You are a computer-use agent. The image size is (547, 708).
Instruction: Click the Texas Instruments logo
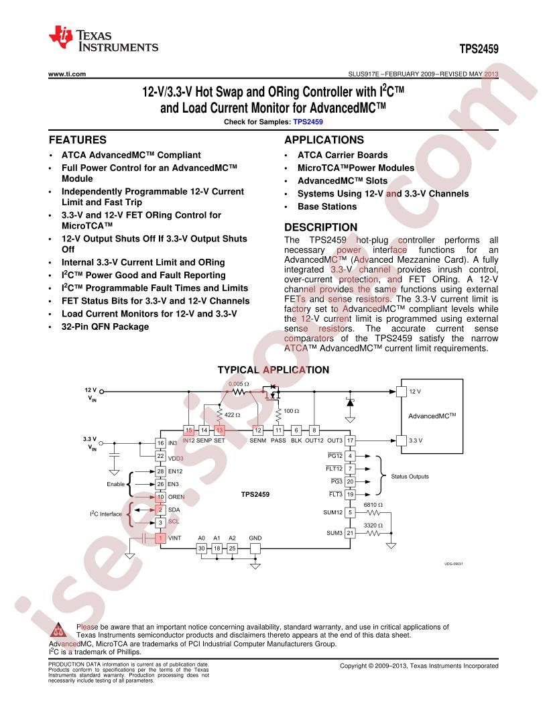[x=103, y=39]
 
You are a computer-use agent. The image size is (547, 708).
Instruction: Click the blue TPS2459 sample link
[x=308, y=121]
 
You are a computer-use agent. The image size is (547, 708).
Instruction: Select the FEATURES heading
[x=78, y=140]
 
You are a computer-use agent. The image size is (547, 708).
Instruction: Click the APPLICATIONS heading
[x=324, y=140]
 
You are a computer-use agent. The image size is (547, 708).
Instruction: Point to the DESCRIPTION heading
[x=320, y=227]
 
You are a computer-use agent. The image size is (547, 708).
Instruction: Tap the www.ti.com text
[x=67, y=74]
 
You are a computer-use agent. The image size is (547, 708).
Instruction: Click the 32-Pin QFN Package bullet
[x=105, y=327]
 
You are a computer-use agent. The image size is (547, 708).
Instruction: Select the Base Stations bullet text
[x=326, y=206]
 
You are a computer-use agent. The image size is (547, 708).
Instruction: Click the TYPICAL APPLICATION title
[x=273, y=370]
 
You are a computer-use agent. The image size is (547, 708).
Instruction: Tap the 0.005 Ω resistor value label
[x=239, y=383]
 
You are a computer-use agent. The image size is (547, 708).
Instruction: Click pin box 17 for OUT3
[x=350, y=440]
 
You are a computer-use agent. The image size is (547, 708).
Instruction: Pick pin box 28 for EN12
[x=160, y=471]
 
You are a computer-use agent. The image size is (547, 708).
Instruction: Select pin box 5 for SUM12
[x=350, y=512]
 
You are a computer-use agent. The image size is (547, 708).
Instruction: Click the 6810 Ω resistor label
[x=373, y=505]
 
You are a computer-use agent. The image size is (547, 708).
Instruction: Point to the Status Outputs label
[x=410, y=477]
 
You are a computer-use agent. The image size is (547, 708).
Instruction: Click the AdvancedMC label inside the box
[x=432, y=416]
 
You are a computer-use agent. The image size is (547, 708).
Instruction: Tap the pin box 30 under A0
[x=201, y=548]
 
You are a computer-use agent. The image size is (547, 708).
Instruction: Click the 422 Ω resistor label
[x=232, y=414]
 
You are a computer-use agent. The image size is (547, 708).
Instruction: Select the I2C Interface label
[x=106, y=514]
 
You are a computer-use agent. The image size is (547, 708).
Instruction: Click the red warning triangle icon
[x=58, y=630]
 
